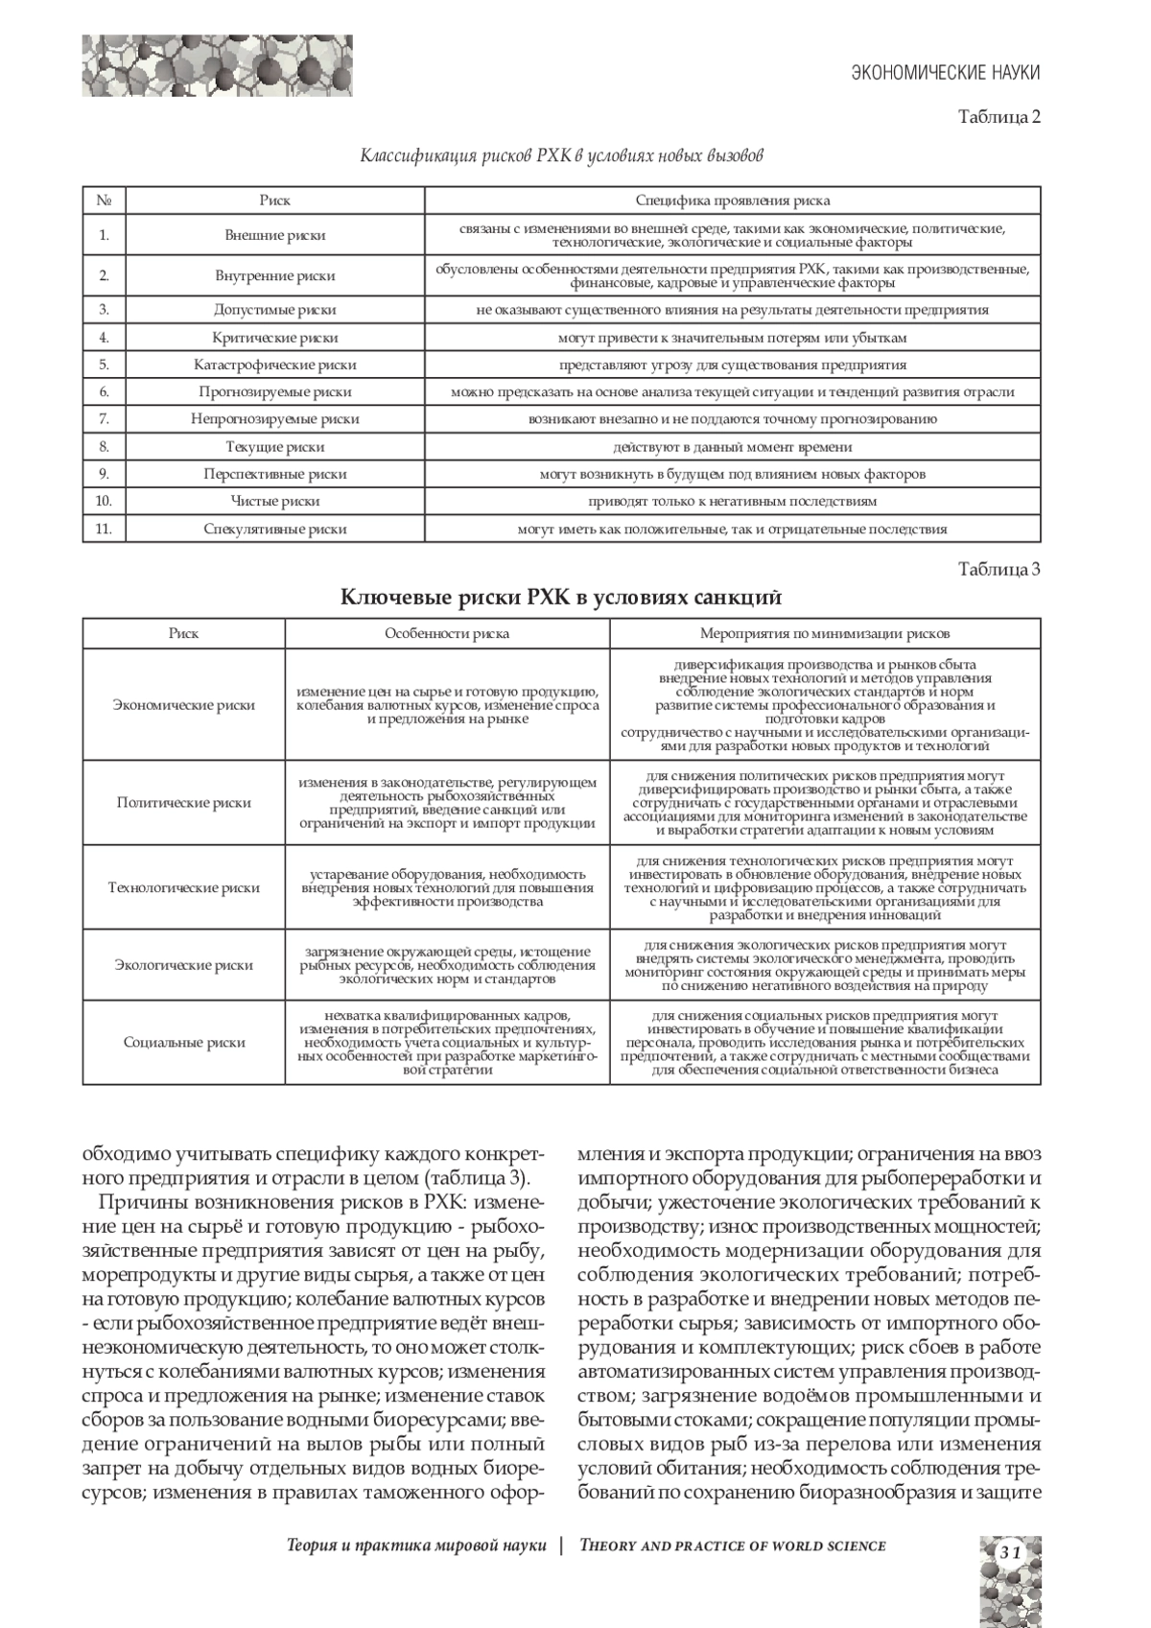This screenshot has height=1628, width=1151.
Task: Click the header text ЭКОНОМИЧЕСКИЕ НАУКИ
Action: (x=946, y=73)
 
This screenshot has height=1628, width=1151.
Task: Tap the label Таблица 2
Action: (x=999, y=117)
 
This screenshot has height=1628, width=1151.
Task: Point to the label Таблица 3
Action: (x=999, y=569)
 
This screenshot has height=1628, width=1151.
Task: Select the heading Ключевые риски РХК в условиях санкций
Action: (x=561, y=598)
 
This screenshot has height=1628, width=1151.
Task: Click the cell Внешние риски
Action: (x=274, y=235)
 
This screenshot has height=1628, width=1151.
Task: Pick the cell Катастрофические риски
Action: (x=274, y=365)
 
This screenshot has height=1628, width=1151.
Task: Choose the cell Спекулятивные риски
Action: (x=274, y=529)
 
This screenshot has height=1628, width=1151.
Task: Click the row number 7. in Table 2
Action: (x=104, y=419)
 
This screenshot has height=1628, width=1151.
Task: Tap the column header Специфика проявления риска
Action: (x=733, y=201)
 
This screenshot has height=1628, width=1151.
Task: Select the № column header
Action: (x=104, y=201)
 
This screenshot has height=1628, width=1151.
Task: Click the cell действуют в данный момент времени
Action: (x=733, y=447)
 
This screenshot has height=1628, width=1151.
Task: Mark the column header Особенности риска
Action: (x=447, y=634)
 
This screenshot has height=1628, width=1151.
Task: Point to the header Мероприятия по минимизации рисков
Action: (x=825, y=634)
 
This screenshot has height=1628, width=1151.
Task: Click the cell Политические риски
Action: (x=183, y=803)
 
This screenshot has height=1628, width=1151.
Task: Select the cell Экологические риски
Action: (x=183, y=965)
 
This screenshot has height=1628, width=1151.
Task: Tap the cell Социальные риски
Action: (x=183, y=1043)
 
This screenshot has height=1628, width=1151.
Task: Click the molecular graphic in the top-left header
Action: (x=216, y=65)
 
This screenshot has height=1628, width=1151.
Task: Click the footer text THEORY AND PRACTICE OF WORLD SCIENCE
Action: (x=733, y=1545)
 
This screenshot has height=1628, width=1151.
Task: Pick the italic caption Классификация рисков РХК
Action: (x=561, y=154)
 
